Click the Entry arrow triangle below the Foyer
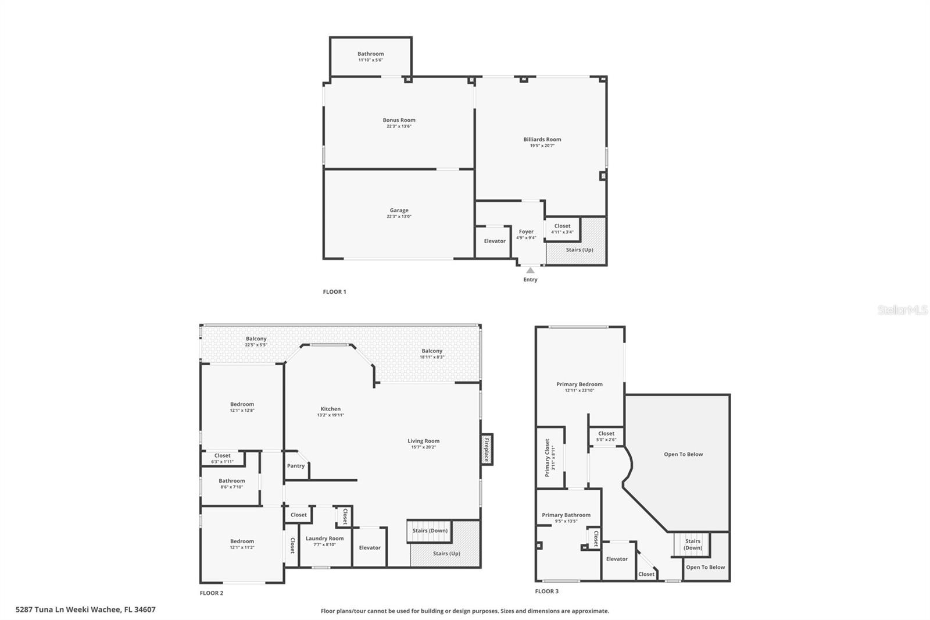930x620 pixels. pyautogui.click(x=530, y=270)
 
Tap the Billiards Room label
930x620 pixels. pyautogui.click(x=542, y=140)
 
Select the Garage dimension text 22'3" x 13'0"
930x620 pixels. pyautogui.click(x=399, y=217)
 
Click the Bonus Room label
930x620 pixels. pyautogui.click(x=399, y=120)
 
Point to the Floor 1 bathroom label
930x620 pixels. pyautogui.click(x=370, y=54)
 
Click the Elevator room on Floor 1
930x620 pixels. pyautogui.click(x=494, y=241)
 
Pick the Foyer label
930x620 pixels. pyautogui.click(x=526, y=231)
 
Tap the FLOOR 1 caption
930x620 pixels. pyautogui.click(x=334, y=292)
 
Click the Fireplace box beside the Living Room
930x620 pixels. pyautogui.click(x=487, y=450)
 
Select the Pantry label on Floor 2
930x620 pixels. pyautogui.click(x=295, y=466)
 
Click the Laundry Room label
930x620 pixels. pyautogui.click(x=324, y=539)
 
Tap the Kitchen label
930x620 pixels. pyautogui.click(x=330, y=409)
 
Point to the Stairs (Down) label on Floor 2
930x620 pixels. pyautogui.click(x=430, y=530)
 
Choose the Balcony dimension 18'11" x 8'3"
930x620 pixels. pyautogui.click(x=432, y=357)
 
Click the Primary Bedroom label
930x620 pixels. pyautogui.click(x=579, y=384)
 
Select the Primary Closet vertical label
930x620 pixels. pyautogui.click(x=547, y=458)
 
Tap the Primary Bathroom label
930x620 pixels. pyautogui.click(x=566, y=515)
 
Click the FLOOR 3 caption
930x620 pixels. pyautogui.click(x=546, y=592)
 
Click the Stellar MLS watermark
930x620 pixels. pyautogui.click(x=902, y=310)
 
